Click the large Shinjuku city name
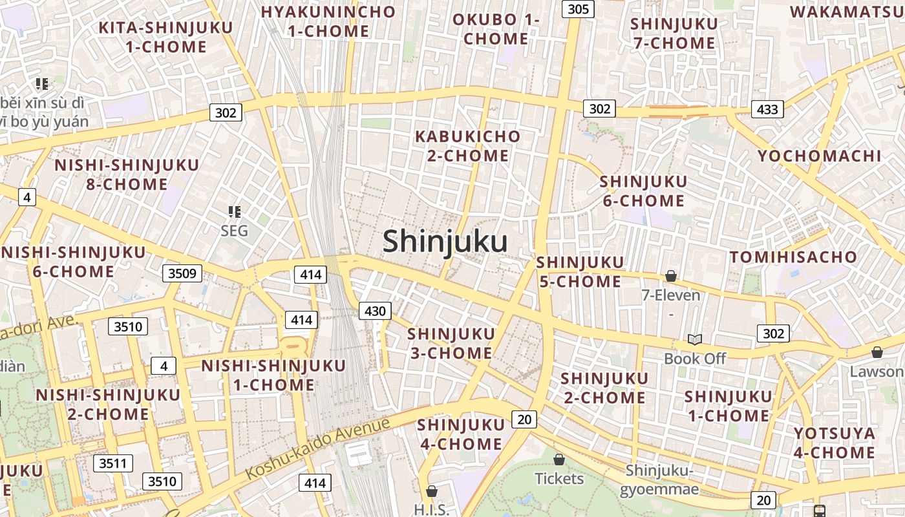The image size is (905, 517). tap(445, 242)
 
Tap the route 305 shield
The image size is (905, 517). tap(578, 9)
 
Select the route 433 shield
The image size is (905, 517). tap(767, 109)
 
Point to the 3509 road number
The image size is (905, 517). tap(182, 273)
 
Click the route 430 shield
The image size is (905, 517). tap(375, 311)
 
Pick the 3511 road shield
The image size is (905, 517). tap(112, 463)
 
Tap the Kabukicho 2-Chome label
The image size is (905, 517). tap(467, 146)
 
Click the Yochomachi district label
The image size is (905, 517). tap(819, 156)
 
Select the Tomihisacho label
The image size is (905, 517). tap(793, 257)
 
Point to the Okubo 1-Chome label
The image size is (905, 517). tap(496, 29)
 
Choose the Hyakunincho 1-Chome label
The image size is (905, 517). tap(328, 21)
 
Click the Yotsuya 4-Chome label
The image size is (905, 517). tap(834, 443)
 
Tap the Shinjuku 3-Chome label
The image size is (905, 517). tap(450, 343)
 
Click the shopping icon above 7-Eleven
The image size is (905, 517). tap(671, 277)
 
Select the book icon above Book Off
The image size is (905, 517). tap(695, 339)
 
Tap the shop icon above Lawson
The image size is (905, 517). tap(877, 352)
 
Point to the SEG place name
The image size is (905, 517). tap(234, 231)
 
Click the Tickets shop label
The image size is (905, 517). tap(559, 479)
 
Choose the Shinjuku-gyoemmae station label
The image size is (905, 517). tap(659, 480)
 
